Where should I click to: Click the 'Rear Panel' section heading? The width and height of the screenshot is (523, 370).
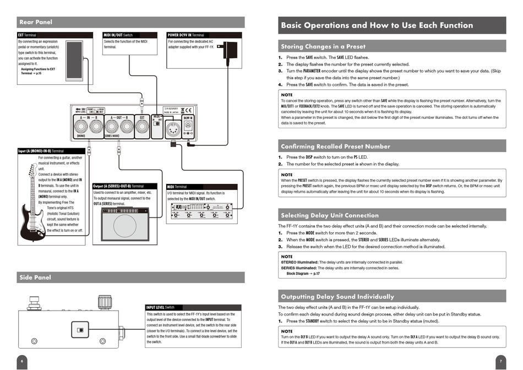[36, 22]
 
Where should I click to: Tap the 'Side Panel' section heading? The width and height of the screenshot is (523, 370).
[35, 277]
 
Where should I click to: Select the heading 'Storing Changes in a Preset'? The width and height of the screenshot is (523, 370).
[323, 46]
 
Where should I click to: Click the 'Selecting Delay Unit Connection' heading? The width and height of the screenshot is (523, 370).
[330, 215]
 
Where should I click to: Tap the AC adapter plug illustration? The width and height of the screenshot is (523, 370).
[229, 50]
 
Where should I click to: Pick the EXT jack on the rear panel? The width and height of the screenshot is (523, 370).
[141, 127]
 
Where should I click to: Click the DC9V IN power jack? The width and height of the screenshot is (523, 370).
[188, 126]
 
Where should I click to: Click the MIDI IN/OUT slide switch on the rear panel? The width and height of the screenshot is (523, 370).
[156, 123]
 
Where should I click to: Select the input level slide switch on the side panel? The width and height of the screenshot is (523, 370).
[80, 330]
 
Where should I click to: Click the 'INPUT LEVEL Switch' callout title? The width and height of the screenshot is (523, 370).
[160, 307]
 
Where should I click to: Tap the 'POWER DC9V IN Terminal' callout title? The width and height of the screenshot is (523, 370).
[186, 35]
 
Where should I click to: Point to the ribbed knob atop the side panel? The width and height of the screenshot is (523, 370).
[104, 302]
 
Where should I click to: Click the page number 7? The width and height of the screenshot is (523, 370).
[500, 361]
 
